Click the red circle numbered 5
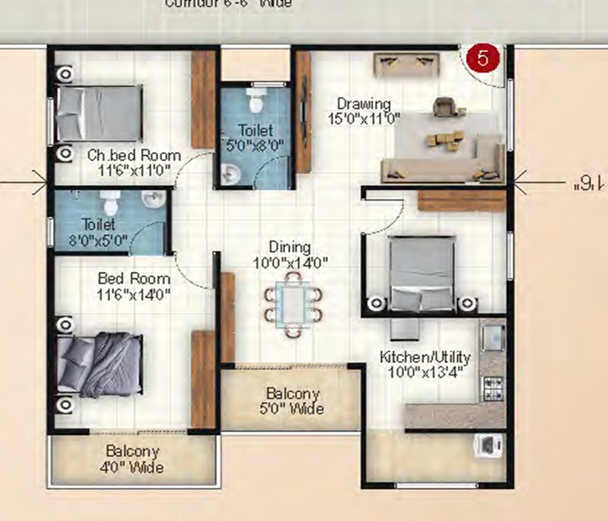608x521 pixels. click(x=482, y=58)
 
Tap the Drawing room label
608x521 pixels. click(x=364, y=104)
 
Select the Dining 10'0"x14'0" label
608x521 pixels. click(x=290, y=255)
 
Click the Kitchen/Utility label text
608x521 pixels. click(x=425, y=357)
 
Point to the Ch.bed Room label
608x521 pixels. click(x=134, y=155)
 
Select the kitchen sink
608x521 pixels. click(x=493, y=336)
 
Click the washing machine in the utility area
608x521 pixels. click(x=489, y=445)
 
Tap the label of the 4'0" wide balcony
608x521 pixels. click(x=132, y=459)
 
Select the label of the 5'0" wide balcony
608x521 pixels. click(x=294, y=401)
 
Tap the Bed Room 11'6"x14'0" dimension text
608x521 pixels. click(x=133, y=295)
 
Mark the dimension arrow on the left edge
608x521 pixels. click(x=41, y=182)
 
